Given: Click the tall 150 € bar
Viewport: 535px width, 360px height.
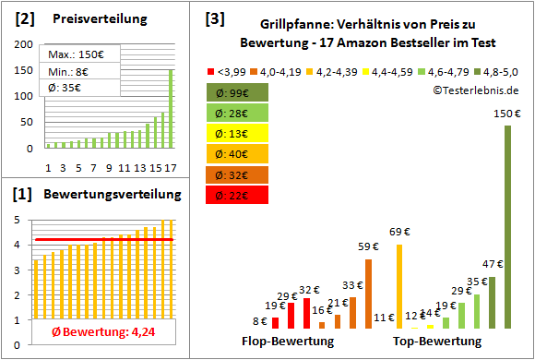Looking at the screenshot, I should (x=506, y=226).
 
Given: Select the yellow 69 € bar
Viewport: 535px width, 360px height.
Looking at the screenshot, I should (x=399, y=286).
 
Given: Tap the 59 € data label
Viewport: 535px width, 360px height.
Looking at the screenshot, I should (x=369, y=246).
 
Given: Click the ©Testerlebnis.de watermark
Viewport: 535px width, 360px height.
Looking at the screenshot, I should (x=474, y=90).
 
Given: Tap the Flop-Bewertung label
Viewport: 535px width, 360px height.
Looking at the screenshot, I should (x=288, y=342).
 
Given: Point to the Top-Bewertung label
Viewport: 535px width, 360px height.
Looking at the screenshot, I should (x=437, y=342).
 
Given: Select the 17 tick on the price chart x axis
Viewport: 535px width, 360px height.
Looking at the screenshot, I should (x=171, y=167).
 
